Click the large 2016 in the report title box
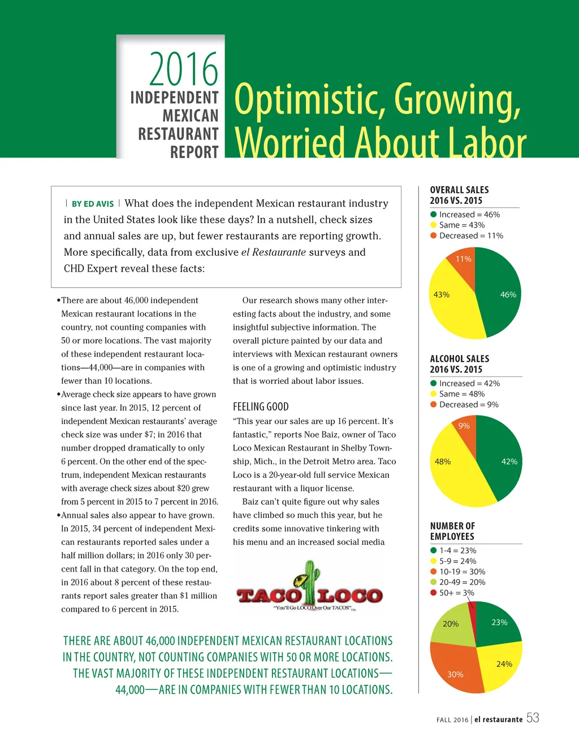tap(183, 69)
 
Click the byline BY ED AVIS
tap(93, 204)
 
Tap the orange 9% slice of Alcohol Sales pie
tap(465, 429)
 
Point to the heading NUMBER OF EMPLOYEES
tap(452, 531)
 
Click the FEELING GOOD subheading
tap(261, 407)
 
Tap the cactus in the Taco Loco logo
tap(309, 582)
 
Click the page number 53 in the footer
tap(533, 718)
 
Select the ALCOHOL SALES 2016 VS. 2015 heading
tap(459, 364)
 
